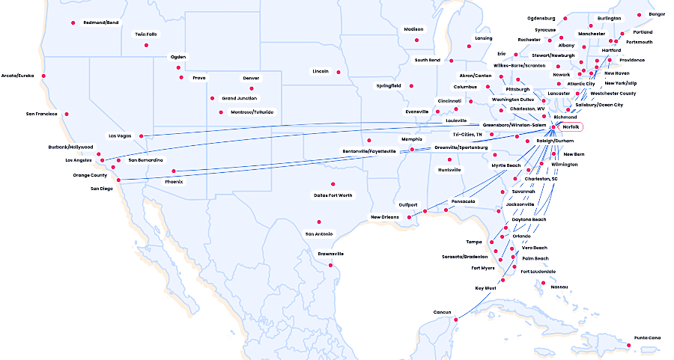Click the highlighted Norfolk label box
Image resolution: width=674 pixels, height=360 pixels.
click(x=571, y=126)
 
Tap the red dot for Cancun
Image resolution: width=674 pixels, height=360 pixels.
click(x=455, y=320)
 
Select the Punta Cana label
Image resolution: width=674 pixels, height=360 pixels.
click(x=648, y=338)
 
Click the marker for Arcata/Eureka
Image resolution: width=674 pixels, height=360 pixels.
click(x=43, y=76)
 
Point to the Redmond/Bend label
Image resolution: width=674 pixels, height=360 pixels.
click(x=101, y=22)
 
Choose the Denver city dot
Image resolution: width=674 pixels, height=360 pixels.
click(x=252, y=88)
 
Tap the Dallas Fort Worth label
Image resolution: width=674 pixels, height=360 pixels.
click(x=333, y=195)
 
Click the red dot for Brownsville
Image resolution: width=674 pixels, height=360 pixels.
click(x=330, y=265)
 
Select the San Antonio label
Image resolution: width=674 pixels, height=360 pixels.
click(x=319, y=234)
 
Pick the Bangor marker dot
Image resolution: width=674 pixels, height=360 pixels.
click(x=639, y=14)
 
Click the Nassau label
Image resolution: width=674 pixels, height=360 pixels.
click(x=559, y=287)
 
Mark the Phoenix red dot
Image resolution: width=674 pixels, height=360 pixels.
click(x=174, y=171)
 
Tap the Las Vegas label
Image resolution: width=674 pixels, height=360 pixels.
click(x=120, y=136)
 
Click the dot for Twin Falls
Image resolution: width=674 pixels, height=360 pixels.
click(x=146, y=45)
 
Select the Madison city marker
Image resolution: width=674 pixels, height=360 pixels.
click(x=417, y=40)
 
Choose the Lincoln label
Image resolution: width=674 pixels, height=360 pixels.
click(x=321, y=71)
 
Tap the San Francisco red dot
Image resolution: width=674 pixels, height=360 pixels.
click(x=67, y=115)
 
